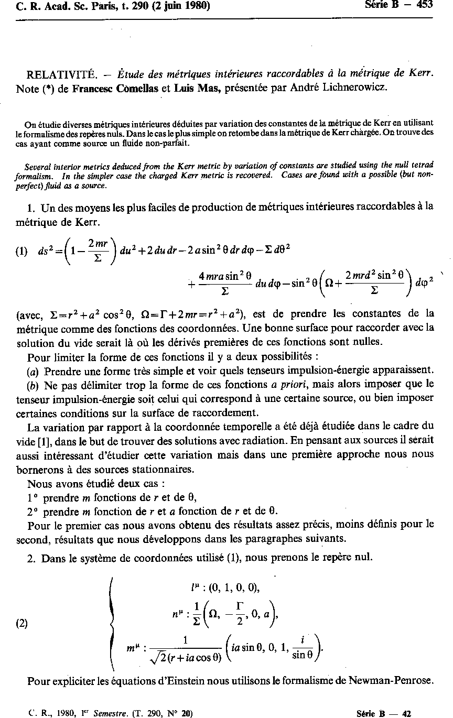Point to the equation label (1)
(21, 251)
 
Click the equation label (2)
(21, 623)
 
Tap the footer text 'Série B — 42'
(383, 713)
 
